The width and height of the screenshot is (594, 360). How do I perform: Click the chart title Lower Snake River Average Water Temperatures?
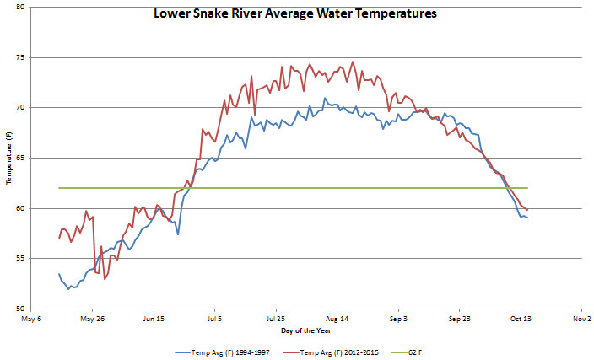click(x=294, y=14)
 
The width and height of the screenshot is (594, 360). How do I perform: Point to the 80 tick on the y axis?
click(x=19, y=8)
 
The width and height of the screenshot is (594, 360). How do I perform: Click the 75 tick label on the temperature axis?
click(x=19, y=58)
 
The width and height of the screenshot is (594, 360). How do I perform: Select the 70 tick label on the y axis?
click(x=19, y=108)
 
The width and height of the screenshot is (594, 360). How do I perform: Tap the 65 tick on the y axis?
click(x=19, y=159)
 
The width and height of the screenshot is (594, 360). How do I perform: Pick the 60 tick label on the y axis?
click(x=19, y=208)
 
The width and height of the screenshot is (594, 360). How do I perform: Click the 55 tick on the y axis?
click(x=19, y=259)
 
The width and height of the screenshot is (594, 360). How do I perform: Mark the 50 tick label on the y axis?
click(x=19, y=309)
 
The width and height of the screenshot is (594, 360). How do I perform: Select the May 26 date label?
click(x=92, y=320)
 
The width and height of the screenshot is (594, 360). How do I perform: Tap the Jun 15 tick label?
click(x=154, y=320)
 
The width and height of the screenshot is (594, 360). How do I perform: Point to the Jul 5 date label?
click(x=214, y=320)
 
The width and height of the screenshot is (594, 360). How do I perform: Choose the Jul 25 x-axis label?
click(x=276, y=320)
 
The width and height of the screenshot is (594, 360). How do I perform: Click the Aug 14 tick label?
click(x=337, y=320)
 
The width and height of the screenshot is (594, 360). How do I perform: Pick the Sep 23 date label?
click(x=460, y=320)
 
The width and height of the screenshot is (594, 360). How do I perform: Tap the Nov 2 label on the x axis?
click(x=582, y=320)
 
